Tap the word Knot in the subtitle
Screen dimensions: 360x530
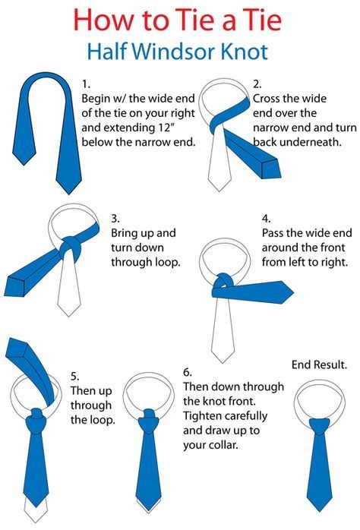(x=245, y=52)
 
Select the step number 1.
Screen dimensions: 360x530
(x=86, y=84)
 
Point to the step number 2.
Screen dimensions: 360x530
(x=257, y=84)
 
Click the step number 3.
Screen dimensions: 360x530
(x=115, y=219)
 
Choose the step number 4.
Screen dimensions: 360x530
(x=267, y=219)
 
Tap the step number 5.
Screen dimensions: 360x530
(x=75, y=376)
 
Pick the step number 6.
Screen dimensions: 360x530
(x=188, y=372)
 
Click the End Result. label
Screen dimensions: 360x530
(x=320, y=364)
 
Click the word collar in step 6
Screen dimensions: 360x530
(x=223, y=445)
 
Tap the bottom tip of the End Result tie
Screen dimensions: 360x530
(x=320, y=511)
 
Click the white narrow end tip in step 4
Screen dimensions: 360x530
(x=223, y=363)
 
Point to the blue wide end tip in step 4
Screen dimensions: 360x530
(x=293, y=293)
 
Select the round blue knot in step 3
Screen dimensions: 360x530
(x=71, y=249)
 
